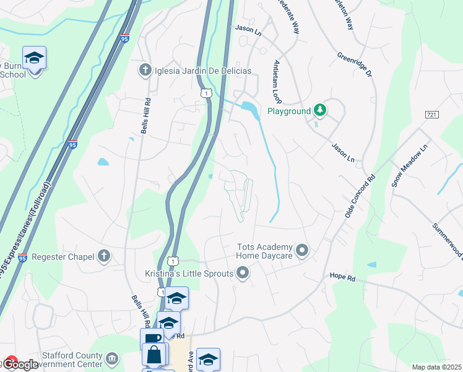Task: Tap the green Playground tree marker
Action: tap(319, 111)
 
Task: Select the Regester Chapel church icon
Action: tap(103, 256)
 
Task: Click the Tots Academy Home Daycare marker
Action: tap(302, 250)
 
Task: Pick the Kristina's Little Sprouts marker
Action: tap(243, 273)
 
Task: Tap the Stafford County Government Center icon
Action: tap(111, 358)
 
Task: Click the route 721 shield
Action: tap(432, 115)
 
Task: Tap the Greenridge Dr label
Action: tap(354, 65)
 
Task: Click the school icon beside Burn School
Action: tap(35, 58)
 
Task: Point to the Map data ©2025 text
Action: tap(436, 367)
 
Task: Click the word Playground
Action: tap(288, 112)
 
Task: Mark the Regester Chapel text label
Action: tap(63, 256)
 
